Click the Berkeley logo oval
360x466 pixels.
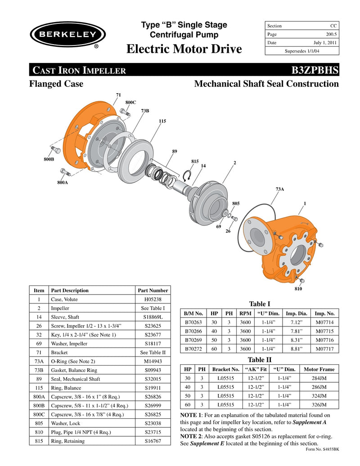67,34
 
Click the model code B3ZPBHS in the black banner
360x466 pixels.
315,70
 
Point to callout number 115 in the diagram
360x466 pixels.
162,121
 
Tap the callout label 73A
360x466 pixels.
279,190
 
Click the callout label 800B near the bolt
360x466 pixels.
48,159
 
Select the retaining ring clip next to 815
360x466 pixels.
189,175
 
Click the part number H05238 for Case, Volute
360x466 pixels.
153,299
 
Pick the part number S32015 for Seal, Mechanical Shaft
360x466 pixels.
153,379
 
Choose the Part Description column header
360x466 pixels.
70,290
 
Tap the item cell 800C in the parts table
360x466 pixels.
39,414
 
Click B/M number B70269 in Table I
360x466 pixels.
193,340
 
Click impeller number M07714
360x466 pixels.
325,322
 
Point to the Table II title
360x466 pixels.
260,360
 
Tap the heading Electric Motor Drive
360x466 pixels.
184,49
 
